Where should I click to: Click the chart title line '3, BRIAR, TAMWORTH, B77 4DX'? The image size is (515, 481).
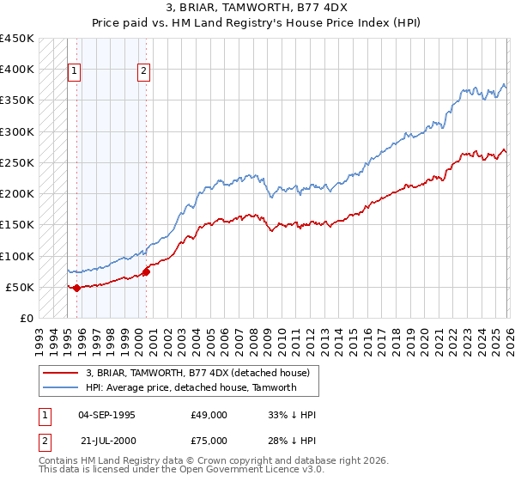click(x=257, y=8)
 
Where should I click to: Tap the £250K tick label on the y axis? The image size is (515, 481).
click(x=16, y=162)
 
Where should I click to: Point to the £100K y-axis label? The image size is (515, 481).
click(x=16, y=256)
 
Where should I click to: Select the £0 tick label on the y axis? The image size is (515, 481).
click(x=26, y=318)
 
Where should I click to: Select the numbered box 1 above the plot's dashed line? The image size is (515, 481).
click(x=75, y=71)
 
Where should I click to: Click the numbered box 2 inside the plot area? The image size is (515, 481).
click(x=143, y=71)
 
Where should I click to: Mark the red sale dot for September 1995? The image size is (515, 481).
click(x=76, y=288)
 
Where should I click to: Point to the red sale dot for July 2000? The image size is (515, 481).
click(x=146, y=271)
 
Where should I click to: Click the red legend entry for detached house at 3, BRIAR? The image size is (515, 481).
click(x=202, y=372)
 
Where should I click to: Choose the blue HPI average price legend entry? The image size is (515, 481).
click(x=191, y=387)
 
